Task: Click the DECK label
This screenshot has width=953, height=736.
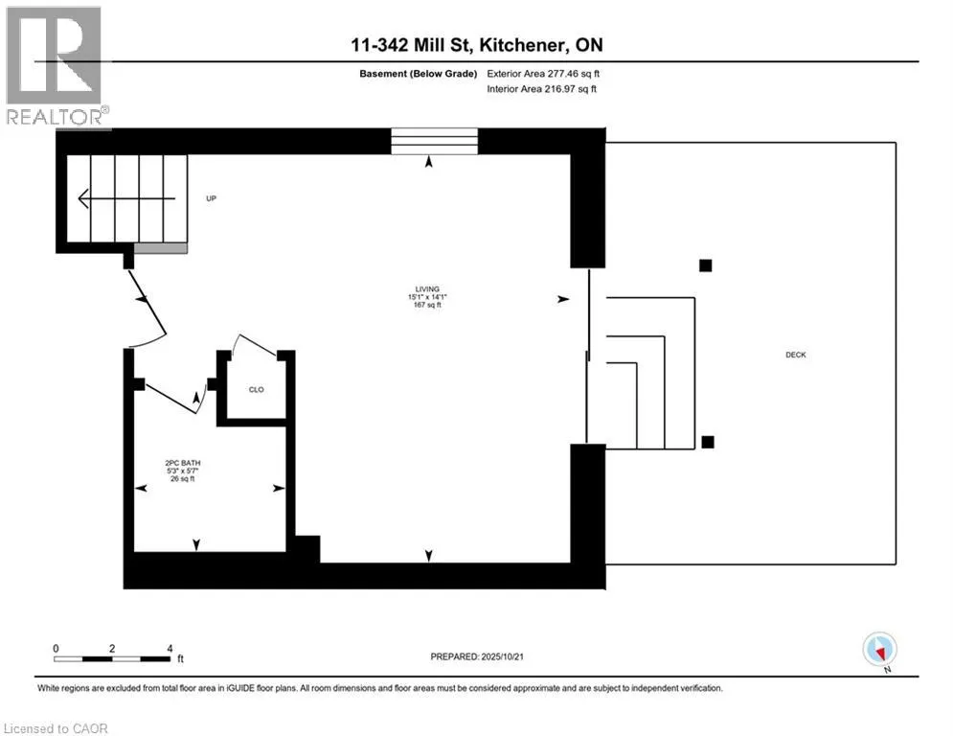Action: click(x=796, y=355)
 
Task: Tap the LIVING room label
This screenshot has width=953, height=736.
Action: click(x=427, y=288)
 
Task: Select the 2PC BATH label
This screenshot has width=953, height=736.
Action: click(x=182, y=463)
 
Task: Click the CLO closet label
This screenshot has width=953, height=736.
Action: click(x=257, y=389)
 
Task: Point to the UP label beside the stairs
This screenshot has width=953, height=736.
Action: click(x=211, y=198)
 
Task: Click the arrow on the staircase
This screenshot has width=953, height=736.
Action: click(x=126, y=198)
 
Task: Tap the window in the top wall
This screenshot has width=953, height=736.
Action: click(x=434, y=141)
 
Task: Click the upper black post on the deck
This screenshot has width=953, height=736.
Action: click(x=705, y=265)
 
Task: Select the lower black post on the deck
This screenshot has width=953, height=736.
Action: click(x=708, y=442)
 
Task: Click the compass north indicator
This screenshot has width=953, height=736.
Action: click(x=879, y=651)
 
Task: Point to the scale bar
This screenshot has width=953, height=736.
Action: click(x=112, y=658)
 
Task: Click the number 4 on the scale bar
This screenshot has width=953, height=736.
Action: click(x=170, y=649)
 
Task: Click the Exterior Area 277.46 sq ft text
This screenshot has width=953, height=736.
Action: click(x=543, y=74)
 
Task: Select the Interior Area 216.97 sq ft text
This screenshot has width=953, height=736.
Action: click(x=541, y=89)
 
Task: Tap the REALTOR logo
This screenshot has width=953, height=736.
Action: click(x=56, y=67)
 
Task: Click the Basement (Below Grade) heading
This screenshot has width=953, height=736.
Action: click(x=419, y=74)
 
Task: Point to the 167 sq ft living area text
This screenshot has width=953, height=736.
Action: click(x=427, y=305)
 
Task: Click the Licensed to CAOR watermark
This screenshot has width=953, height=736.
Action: click(x=56, y=728)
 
